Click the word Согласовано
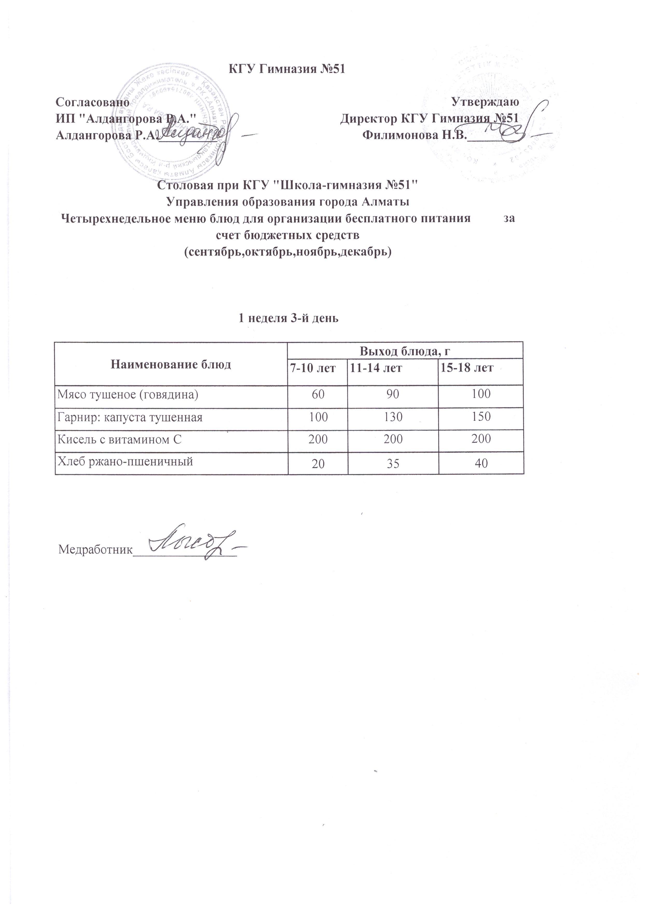92,102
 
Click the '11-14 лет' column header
376,368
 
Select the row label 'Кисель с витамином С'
119,440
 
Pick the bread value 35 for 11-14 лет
393,464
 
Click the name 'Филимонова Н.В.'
415,135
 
